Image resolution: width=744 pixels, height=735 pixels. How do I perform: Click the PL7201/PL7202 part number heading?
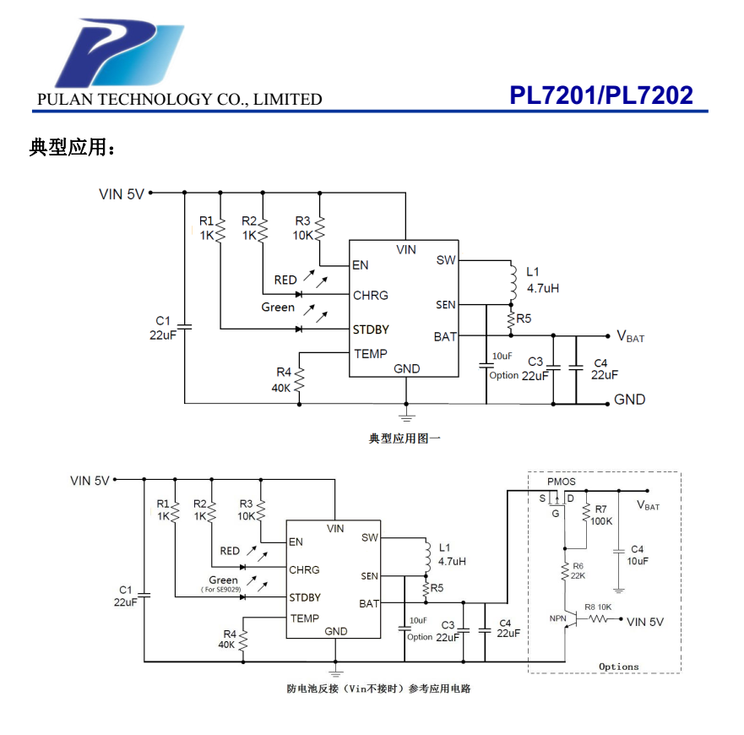[x=600, y=95]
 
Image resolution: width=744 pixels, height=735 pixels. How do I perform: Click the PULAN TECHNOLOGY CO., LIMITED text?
[x=180, y=100]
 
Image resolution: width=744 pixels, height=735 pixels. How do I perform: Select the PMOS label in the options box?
[x=561, y=482]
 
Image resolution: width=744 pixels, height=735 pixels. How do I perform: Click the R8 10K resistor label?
[x=598, y=607]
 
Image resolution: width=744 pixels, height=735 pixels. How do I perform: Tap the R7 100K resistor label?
[x=601, y=515]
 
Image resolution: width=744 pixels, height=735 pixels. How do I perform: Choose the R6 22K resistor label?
[x=578, y=570]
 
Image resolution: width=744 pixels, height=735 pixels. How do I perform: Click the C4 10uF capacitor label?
[x=637, y=555]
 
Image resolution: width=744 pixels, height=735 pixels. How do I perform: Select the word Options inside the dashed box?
[x=619, y=667]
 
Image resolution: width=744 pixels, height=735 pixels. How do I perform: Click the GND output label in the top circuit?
[x=629, y=400]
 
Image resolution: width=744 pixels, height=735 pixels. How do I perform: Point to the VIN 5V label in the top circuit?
[x=122, y=193]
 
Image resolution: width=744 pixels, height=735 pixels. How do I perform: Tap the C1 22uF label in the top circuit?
[x=163, y=328]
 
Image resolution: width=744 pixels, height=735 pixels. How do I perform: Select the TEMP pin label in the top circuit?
[x=371, y=354]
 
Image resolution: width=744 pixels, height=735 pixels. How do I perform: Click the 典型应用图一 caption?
[x=405, y=438]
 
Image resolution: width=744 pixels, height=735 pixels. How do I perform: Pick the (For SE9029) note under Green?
[x=220, y=590]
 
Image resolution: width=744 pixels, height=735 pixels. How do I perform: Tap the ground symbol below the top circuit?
[x=406, y=416]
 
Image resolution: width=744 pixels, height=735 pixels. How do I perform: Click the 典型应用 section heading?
[x=72, y=148]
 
